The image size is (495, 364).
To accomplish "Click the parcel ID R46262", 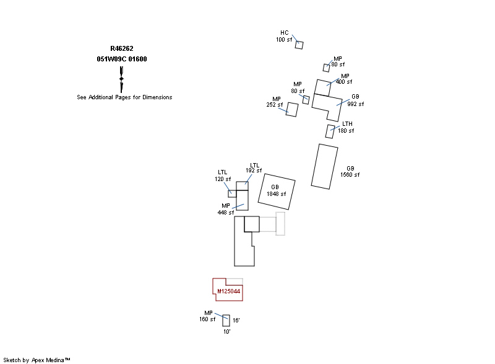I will coord(122,48).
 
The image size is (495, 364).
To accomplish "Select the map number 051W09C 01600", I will coord(122,59).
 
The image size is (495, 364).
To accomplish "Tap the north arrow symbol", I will coord(122,79).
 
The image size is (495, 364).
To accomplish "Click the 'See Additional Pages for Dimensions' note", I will coord(124,97).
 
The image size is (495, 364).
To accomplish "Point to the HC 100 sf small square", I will coord(299,45).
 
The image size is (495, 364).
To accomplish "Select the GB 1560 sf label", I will coord(350,172).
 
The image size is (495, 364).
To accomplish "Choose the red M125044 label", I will coord(228,291).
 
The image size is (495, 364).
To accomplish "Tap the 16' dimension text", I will coord(236,321).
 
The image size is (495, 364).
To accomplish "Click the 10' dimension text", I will coord(226,332).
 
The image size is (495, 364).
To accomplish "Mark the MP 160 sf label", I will coord(208,316).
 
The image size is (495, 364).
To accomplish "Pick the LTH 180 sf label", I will coord(346,128).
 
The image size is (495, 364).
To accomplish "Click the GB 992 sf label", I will coord(355,100).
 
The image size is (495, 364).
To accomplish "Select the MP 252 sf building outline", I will coord(293,110).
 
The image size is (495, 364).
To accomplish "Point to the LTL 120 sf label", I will coord(223,175).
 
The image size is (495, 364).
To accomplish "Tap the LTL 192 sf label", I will coord(254,167).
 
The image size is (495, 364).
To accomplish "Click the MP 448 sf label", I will coord(226,209).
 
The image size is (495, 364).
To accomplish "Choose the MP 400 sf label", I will coord(345,79).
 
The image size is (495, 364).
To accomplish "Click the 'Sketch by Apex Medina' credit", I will coord(37,360).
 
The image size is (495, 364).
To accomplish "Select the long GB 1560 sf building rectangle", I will coord(324,166).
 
